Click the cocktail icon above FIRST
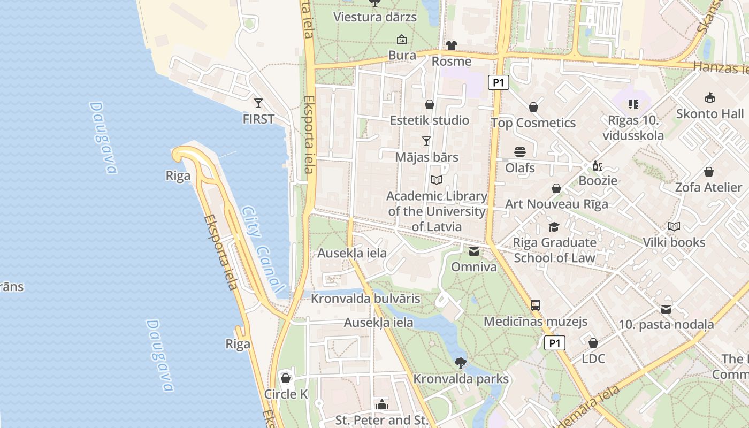[258, 103]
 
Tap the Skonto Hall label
[709, 113]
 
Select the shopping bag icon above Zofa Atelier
[709, 172]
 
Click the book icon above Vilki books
[674, 227]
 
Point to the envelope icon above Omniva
[474, 251]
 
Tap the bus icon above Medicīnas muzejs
[536, 305]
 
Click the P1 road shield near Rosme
[498, 82]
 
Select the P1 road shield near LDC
[555, 343]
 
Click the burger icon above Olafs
[520, 152]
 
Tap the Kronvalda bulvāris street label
[366, 299]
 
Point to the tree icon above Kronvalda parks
[460, 363]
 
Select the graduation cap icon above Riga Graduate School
[554, 227]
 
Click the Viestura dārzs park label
[374, 17]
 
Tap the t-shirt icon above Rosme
[452, 45]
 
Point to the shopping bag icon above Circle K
[286, 378]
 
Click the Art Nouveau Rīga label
[556, 204]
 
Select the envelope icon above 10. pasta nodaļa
[666, 309]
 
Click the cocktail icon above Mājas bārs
[426, 141]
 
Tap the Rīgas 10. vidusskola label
[633, 128]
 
